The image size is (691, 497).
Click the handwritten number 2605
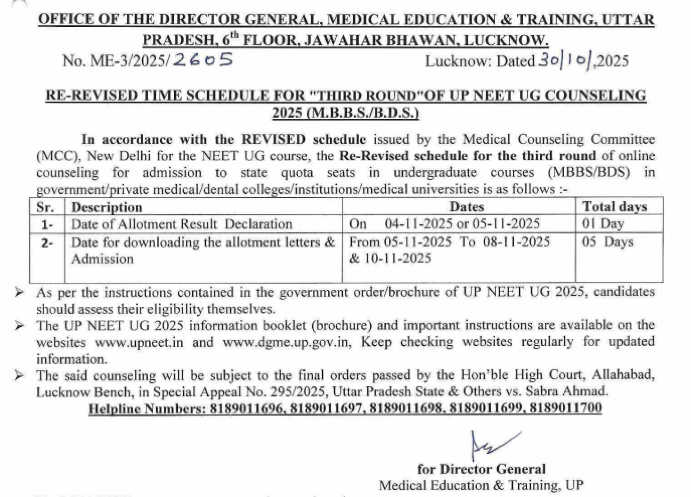(203, 60)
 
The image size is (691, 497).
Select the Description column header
(107, 207)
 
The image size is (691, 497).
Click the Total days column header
(615, 207)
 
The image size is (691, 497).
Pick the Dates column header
(467, 207)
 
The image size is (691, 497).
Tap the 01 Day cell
(603, 224)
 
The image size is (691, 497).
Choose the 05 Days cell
(607, 242)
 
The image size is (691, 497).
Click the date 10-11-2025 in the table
(398, 259)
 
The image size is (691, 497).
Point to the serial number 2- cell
(47, 243)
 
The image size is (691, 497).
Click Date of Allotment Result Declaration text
(181, 224)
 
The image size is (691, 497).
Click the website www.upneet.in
(139, 342)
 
